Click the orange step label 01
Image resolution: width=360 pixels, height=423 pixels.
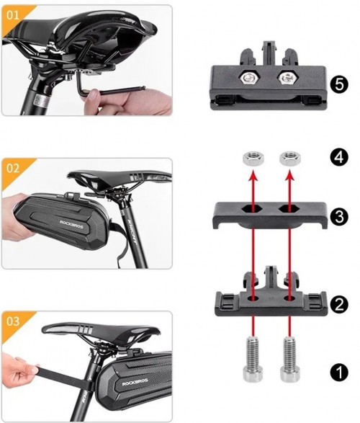13,15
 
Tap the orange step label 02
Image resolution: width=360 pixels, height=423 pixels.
13,168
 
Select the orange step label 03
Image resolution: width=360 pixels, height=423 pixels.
13,321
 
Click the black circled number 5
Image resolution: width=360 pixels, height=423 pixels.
339,84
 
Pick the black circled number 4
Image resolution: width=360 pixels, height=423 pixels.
339,157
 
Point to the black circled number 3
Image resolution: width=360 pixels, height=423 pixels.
339,217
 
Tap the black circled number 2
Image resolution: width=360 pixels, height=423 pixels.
339,304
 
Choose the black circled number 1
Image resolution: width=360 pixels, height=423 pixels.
339,373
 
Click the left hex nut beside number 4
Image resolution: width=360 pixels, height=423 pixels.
253,158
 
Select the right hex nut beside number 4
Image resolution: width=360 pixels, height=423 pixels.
290,158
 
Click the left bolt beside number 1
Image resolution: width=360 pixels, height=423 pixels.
253,360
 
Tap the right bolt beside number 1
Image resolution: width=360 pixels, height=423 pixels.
289,360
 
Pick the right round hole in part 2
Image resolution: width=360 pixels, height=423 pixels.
289,298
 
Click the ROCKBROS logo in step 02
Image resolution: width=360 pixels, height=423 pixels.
71,224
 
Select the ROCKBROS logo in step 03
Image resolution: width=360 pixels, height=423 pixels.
135,382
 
